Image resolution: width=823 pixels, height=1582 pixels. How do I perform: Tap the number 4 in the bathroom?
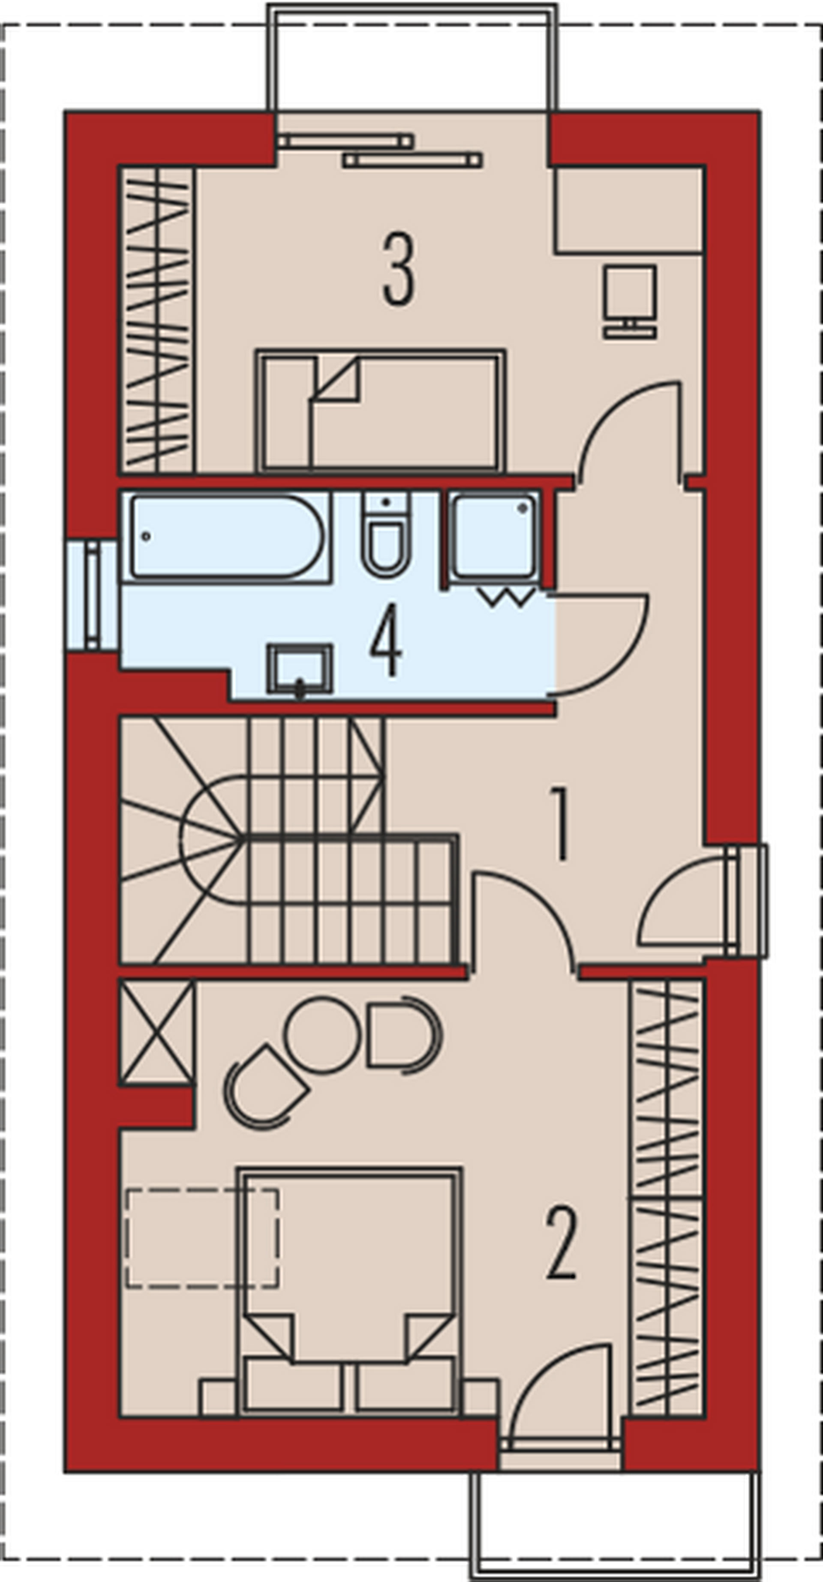coord(386,641)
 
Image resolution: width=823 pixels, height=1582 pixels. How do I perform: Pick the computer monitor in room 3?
coord(630,302)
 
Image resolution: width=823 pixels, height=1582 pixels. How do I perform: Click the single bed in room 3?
coord(381,411)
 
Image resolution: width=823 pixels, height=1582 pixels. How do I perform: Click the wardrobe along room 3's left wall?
coord(156,319)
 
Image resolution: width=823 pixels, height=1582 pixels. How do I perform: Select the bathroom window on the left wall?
coord(92,594)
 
